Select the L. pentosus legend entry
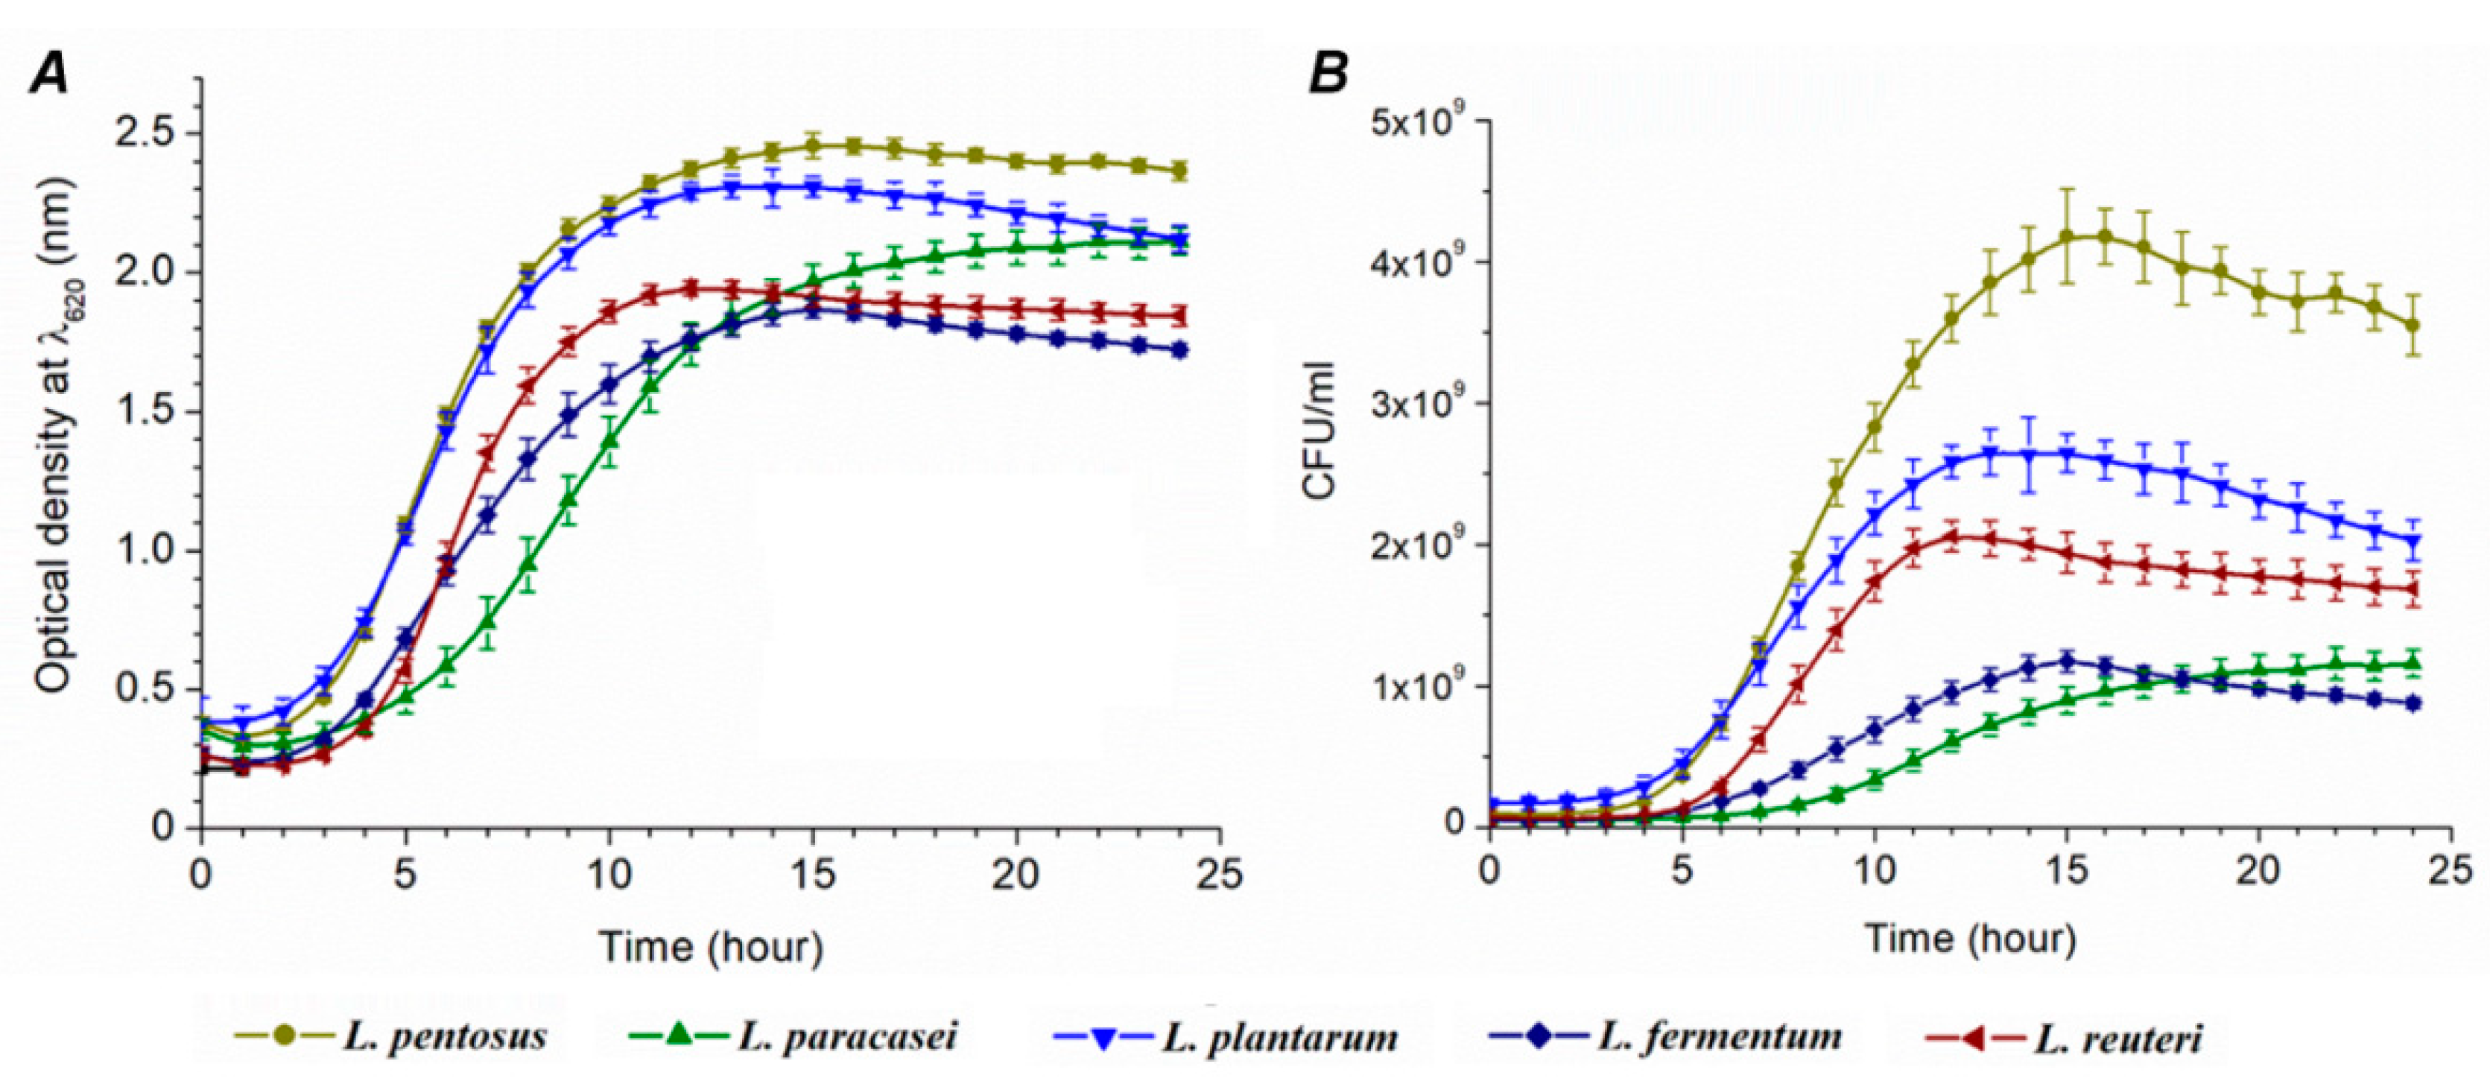click(391, 1036)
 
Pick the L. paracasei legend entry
click(793, 1036)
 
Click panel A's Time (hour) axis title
click(711, 946)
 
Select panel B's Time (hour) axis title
click(1969, 938)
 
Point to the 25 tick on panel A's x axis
click(1219, 875)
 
